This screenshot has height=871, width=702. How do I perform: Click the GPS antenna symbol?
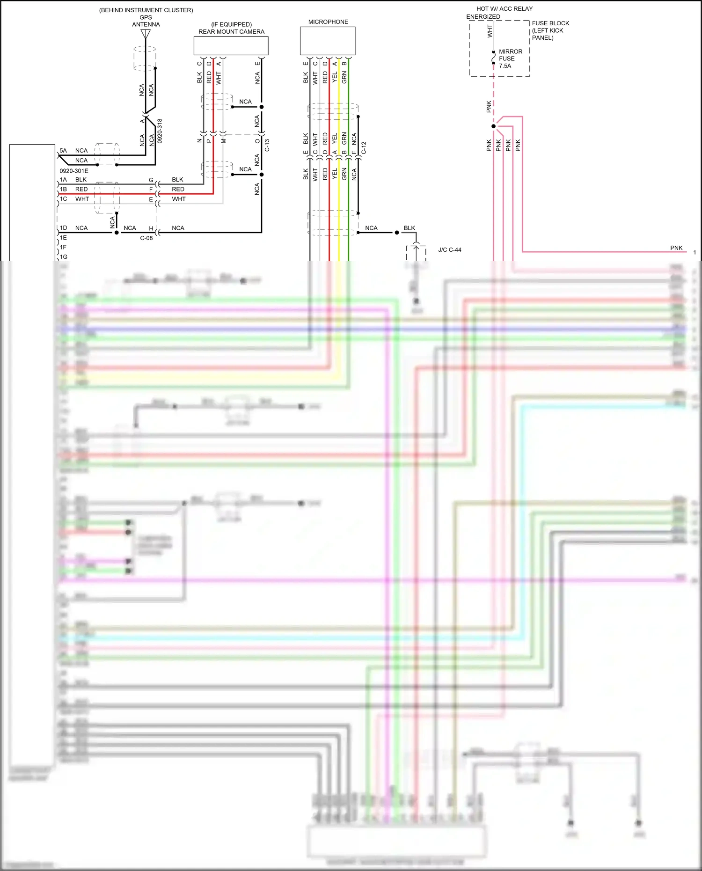point(146,34)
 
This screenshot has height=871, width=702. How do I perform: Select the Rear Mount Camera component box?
point(231,46)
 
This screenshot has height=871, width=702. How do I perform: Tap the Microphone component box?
point(327,41)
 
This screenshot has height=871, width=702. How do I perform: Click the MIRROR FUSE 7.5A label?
point(510,59)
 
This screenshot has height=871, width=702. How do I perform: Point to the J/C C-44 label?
point(449,250)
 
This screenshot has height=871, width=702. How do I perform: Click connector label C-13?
point(267,145)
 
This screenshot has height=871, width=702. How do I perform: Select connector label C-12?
point(364,148)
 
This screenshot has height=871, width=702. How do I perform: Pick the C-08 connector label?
point(146,238)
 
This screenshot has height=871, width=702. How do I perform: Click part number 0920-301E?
point(74,171)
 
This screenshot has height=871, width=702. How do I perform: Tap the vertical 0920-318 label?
point(160,131)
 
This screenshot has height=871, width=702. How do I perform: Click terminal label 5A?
point(63,151)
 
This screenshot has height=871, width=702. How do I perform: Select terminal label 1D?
point(63,228)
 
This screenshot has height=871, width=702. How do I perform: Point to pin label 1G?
point(63,257)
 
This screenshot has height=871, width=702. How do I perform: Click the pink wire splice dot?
point(493,126)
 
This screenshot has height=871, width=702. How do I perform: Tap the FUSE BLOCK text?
point(550,23)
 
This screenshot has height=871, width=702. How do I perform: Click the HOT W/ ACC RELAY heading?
point(504,9)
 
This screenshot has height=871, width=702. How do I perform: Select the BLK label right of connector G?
point(177,180)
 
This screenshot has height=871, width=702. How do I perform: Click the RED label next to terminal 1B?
point(81,190)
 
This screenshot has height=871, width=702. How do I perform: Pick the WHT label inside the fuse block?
point(490,31)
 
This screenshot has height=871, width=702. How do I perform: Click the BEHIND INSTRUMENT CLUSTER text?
point(146,10)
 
